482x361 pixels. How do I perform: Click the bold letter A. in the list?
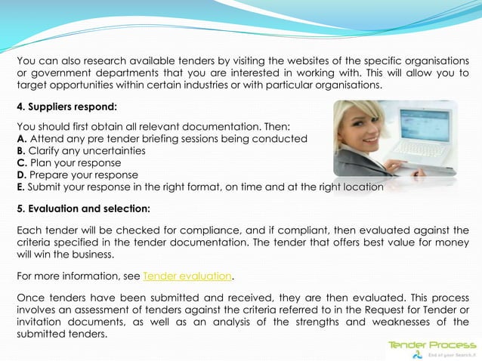(x=21, y=139)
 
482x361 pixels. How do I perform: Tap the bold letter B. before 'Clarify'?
(x=21, y=151)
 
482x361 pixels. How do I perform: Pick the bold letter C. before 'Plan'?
(x=21, y=163)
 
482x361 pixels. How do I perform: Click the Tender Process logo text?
(x=432, y=344)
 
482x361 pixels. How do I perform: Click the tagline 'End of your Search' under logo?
(x=452, y=354)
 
